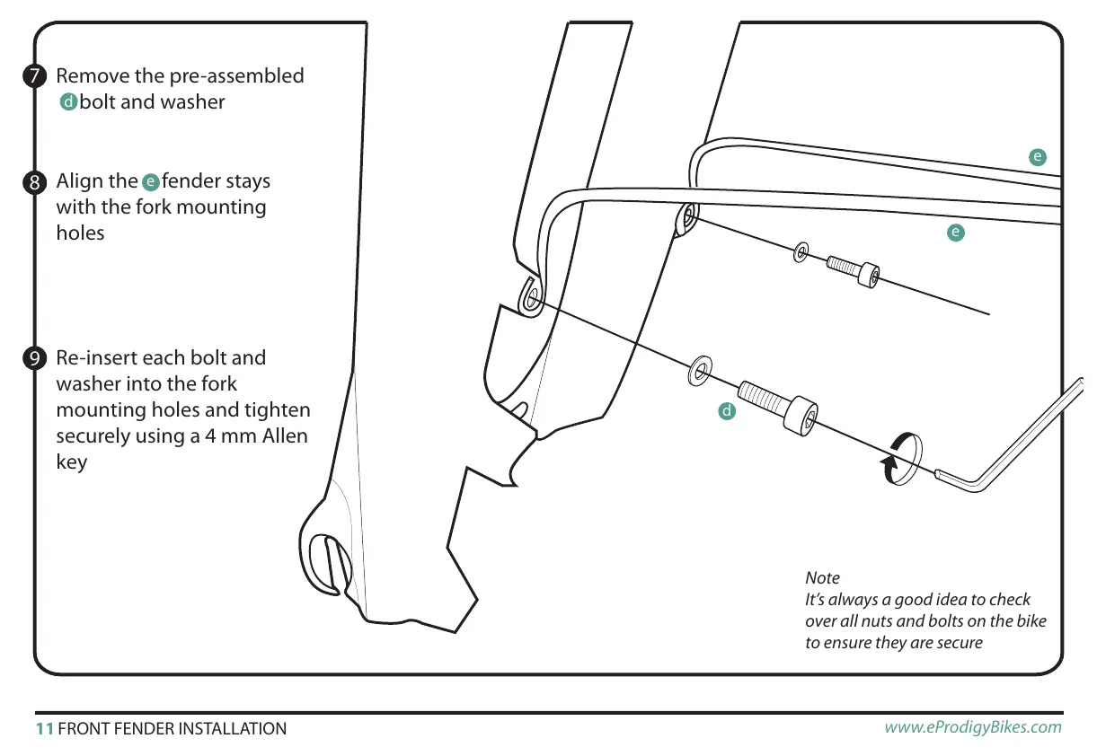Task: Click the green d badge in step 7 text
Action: click(x=67, y=102)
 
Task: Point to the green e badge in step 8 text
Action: click(x=151, y=182)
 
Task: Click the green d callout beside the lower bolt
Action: click(x=727, y=411)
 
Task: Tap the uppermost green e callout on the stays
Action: click(x=1038, y=157)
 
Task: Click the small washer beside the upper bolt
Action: click(x=801, y=252)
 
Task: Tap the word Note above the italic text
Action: click(x=822, y=577)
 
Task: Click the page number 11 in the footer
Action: click(x=44, y=728)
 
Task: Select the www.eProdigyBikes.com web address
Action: click(x=972, y=727)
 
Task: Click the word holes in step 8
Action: click(x=81, y=233)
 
